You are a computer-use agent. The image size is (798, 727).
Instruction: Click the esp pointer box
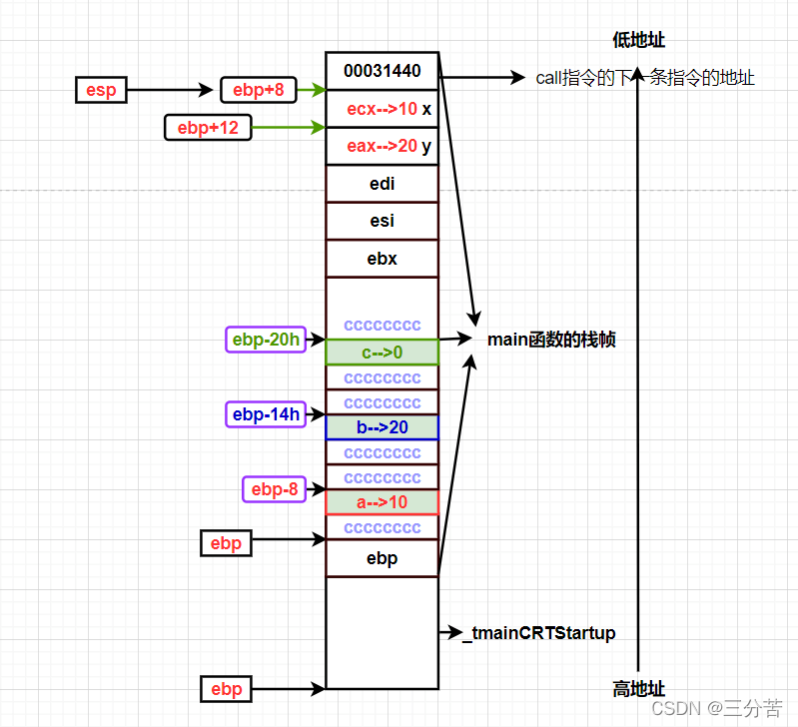click(x=102, y=90)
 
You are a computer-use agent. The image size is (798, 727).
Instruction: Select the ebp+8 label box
click(x=259, y=90)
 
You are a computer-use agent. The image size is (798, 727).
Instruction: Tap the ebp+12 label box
click(x=208, y=127)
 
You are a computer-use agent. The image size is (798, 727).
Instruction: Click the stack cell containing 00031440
click(x=382, y=71)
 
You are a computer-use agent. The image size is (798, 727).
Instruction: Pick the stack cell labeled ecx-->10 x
click(x=382, y=109)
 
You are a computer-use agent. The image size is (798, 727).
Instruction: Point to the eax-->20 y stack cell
click(x=382, y=147)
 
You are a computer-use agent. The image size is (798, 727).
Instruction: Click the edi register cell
click(x=382, y=184)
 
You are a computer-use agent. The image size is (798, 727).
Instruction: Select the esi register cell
click(x=382, y=221)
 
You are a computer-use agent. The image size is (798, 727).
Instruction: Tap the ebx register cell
click(x=382, y=259)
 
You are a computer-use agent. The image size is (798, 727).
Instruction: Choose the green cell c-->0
click(x=382, y=353)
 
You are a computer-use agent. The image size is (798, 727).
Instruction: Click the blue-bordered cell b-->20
click(x=382, y=427)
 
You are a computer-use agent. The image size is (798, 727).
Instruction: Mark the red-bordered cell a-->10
click(x=382, y=501)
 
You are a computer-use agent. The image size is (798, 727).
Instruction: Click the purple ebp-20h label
click(x=266, y=340)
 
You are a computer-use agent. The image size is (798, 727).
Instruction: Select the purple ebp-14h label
click(x=266, y=413)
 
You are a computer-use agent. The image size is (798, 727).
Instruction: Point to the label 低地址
click(x=639, y=40)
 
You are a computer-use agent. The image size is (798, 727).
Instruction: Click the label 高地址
click(x=639, y=689)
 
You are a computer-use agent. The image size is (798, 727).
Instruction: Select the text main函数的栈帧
click(x=551, y=340)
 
